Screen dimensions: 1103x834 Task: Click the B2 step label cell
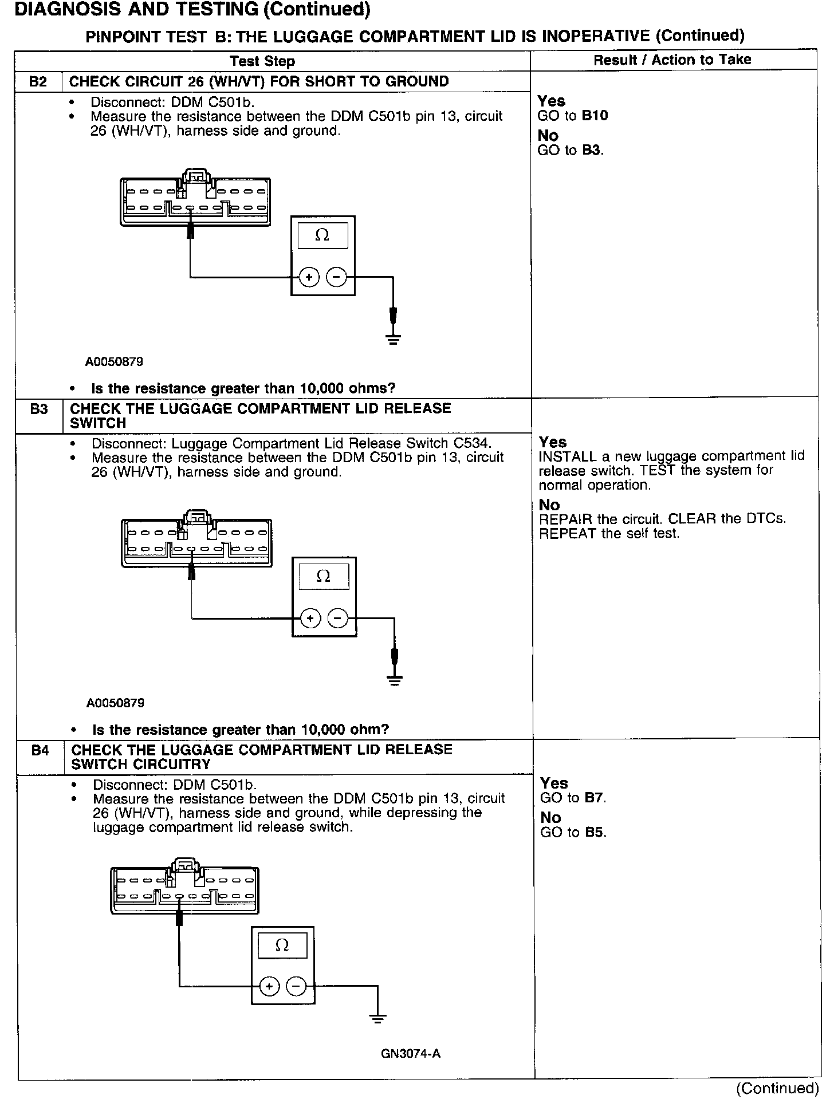click(x=38, y=81)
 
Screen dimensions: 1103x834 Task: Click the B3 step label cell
click(x=39, y=409)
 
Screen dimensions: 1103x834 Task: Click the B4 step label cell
click(x=40, y=750)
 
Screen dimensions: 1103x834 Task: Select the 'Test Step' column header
click(x=262, y=61)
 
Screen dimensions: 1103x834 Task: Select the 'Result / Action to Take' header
click(x=672, y=60)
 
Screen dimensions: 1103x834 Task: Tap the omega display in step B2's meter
click(x=322, y=235)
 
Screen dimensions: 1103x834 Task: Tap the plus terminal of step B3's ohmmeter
click(x=310, y=619)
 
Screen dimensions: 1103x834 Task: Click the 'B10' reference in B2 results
click(x=595, y=116)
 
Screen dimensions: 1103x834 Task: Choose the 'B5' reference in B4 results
click(x=595, y=832)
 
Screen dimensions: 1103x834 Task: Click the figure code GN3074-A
click(x=410, y=1054)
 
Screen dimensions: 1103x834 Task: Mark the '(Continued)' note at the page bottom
click(x=777, y=1088)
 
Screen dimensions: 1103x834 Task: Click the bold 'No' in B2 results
click(x=548, y=136)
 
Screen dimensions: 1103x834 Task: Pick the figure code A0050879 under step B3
click(x=115, y=703)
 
